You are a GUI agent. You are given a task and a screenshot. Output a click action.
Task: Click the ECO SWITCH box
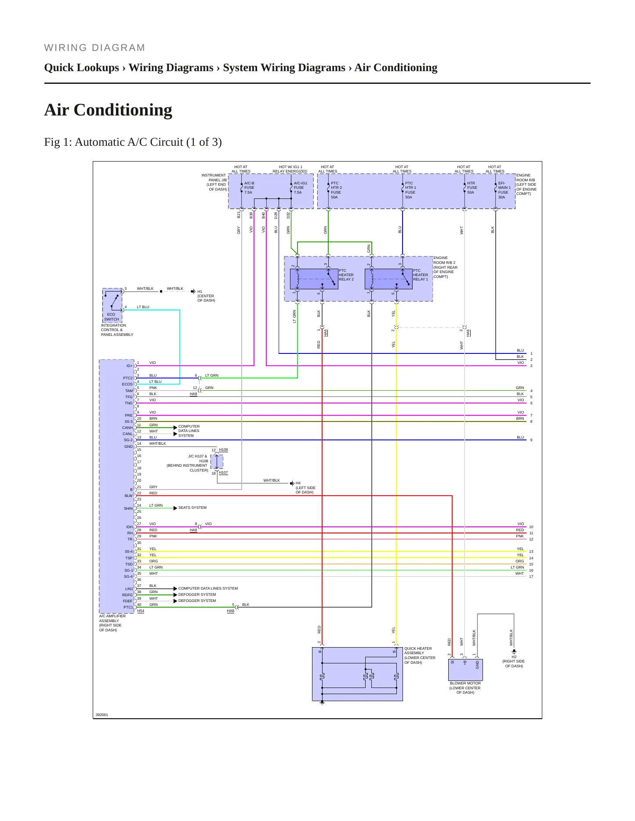(x=112, y=306)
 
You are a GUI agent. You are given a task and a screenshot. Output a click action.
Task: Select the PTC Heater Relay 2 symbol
(x=314, y=279)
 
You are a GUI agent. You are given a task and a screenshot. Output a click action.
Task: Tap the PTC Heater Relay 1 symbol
(x=388, y=279)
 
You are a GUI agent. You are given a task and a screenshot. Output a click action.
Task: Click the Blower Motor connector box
(x=465, y=670)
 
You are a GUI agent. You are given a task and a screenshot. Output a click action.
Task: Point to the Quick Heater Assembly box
(x=357, y=674)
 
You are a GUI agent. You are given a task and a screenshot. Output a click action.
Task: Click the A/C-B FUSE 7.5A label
(x=249, y=187)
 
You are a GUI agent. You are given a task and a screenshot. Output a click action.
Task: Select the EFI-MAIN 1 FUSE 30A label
(x=504, y=190)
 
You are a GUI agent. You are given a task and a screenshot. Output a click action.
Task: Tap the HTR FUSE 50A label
(x=472, y=187)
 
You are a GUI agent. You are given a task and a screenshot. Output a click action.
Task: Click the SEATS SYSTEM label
(x=192, y=508)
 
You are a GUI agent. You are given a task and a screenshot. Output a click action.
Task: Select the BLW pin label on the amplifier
(x=128, y=496)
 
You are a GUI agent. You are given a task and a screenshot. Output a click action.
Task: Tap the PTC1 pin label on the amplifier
(x=128, y=607)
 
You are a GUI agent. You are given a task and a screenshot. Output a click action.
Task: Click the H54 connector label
(x=141, y=611)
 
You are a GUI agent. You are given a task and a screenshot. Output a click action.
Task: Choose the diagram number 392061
(x=102, y=715)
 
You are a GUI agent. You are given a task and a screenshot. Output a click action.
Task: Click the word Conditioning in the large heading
(x=123, y=110)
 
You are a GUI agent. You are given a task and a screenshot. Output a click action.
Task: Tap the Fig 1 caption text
(x=133, y=142)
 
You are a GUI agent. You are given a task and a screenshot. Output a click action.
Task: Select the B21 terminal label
(x=239, y=215)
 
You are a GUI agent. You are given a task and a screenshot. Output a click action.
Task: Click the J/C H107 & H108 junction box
(x=217, y=462)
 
